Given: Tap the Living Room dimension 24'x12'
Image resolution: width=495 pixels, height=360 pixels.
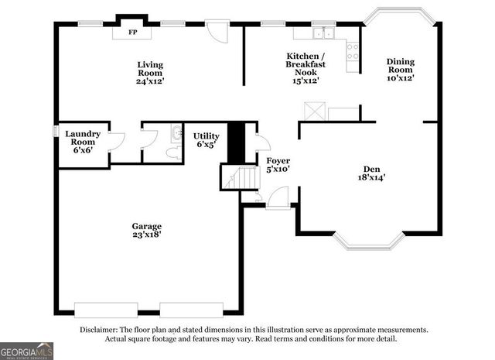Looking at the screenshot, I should [151, 81].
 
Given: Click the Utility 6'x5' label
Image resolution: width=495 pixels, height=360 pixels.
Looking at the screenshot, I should [206, 140].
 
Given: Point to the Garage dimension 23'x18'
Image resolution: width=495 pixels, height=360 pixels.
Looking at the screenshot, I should [146, 231].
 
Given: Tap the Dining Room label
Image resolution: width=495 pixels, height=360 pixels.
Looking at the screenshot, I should [401, 70].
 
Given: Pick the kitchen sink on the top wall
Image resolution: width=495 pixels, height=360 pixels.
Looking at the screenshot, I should [323, 34].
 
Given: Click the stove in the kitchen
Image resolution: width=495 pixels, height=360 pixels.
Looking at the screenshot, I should [353, 50].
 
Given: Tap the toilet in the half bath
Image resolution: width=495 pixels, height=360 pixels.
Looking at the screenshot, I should [174, 152].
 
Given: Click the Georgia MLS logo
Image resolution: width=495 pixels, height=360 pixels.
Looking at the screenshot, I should [27, 350].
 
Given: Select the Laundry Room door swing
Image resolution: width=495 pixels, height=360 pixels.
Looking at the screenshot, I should [117, 140].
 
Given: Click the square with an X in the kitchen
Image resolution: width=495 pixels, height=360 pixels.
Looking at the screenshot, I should [313, 111].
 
